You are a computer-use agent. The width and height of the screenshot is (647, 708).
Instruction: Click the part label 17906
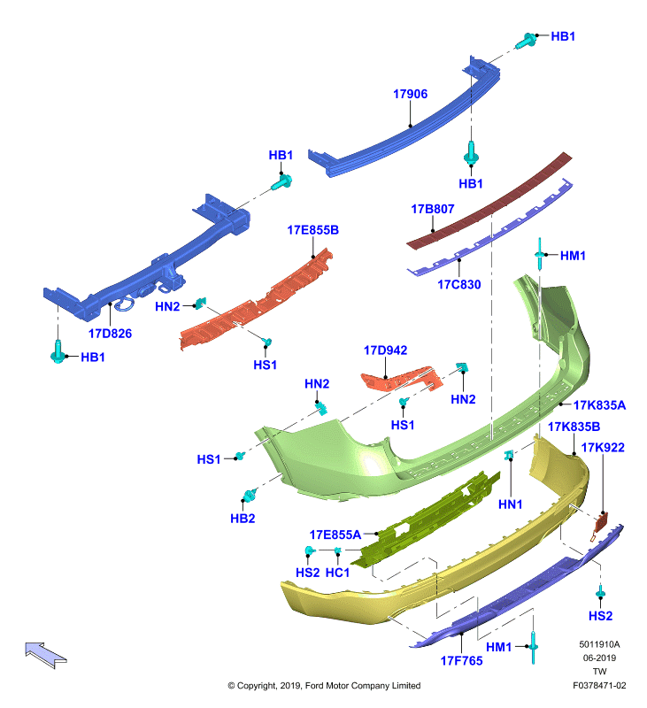coord(410,94)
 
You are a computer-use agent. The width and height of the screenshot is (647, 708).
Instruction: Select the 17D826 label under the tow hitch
coord(110,334)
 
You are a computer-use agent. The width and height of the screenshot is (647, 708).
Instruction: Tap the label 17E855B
coord(313,230)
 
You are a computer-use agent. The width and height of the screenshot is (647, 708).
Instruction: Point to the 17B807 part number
coord(433,209)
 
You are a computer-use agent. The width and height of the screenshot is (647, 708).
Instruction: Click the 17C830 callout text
coord(459,284)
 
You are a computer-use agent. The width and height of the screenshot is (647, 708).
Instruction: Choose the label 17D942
coord(386,350)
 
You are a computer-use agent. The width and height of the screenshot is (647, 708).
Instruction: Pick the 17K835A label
coord(599,405)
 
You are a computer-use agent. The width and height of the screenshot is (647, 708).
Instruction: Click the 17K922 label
coord(603,448)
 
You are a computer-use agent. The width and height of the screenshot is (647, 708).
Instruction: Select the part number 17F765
coord(461,660)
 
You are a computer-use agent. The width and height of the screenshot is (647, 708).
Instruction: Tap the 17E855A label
coord(335,535)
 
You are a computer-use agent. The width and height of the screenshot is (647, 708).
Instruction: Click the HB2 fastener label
coord(243,519)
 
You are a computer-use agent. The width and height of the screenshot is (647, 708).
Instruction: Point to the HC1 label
coord(337,573)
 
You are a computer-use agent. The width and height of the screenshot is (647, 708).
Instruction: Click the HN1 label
coord(510,504)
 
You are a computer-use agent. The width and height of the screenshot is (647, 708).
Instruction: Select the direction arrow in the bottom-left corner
coord(46,655)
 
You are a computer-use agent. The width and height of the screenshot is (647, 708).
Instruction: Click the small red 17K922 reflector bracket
coord(600,524)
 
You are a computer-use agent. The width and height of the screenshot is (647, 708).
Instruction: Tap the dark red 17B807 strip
coord(489,202)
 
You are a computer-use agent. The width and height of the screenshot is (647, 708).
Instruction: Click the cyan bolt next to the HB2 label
coord(250,496)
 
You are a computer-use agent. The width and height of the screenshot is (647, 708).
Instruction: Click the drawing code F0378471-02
coord(599,685)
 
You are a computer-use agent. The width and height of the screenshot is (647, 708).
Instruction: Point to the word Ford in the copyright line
coord(314,685)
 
